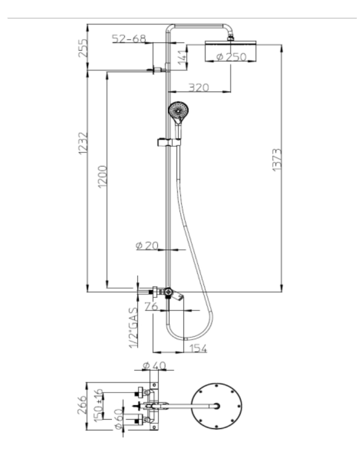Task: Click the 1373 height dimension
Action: pyautogui.click(x=277, y=160)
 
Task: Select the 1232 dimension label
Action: pyautogui.click(x=83, y=143)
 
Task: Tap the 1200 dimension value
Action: pyautogui.click(x=102, y=177)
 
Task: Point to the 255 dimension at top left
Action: pyautogui.click(x=83, y=48)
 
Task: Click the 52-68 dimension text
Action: pyautogui.click(x=129, y=38)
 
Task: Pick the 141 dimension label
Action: pyautogui.click(x=182, y=57)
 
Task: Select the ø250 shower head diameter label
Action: pyautogui.click(x=231, y=56)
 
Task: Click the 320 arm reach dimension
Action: pyautogui.click(x=199, y=88)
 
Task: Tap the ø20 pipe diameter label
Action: pyautogui.click(x=147, y=246)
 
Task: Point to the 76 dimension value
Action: pyautogui.click(x=152, y=307)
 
